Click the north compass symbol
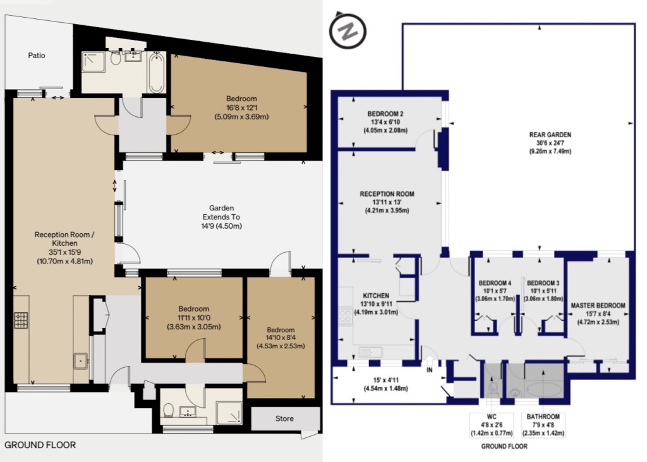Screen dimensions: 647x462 point(348,30)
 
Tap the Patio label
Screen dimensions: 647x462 point(36,56)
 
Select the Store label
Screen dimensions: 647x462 point(284,418)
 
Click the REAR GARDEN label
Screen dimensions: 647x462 point(550,135)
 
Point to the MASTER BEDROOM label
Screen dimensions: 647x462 point(598,305)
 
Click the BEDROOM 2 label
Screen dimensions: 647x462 point(385,114)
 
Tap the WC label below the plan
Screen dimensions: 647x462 point(492,416)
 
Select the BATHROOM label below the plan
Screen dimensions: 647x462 point(543,416)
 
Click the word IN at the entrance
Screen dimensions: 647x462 point(430,370)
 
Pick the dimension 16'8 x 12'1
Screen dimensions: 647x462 point(241,108)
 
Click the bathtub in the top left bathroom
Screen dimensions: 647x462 point(157,73)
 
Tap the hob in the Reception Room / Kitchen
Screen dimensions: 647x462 point(21,320)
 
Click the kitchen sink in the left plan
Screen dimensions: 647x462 point(81,361)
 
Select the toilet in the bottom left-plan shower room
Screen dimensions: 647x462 point(168,410)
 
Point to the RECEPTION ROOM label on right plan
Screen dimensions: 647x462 point(387,194)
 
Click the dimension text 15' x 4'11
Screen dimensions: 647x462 point(385,380)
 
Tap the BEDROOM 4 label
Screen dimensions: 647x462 point(495,283)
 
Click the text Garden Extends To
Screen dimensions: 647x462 point(222,212)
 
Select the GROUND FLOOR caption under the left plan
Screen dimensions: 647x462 point(40,445)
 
